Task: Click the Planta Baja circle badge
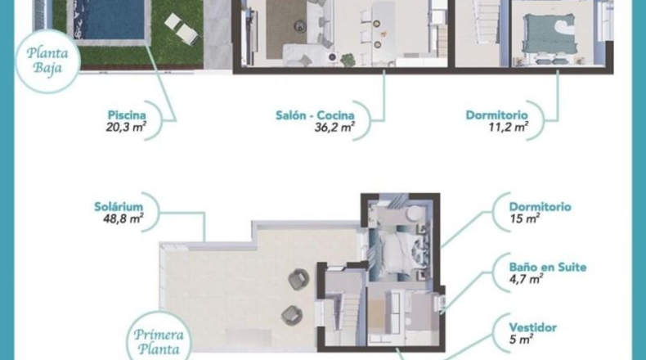tap(47, 61)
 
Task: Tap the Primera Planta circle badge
tap(159, 338)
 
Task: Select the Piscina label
tap(127, 115)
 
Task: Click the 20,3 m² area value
tap(126, 127)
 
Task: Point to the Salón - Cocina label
tap(315, 115)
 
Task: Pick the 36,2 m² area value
tap(334, 127)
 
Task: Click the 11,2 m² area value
tap(509, 127)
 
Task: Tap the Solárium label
tap(119, 207)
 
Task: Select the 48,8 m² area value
tap(123, 218)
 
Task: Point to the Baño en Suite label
tap(548, 268)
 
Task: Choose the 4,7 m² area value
tap(526, 279)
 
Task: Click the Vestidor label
tap(532, 328)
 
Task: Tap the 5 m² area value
tap(521, 340)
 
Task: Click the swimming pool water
tap(110, 19)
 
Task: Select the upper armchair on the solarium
tap(298, 280)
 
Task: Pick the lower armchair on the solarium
tap(292, 315)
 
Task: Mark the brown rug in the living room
tap(286, 29)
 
